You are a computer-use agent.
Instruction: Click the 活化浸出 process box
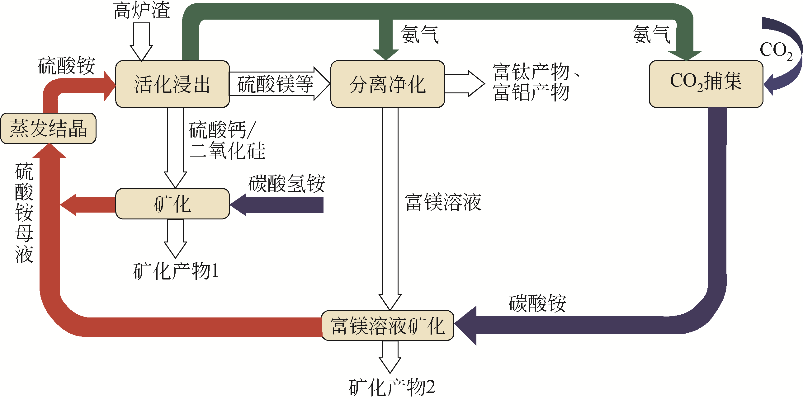tap(172, 84)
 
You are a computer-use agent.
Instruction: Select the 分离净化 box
tap(387, 84)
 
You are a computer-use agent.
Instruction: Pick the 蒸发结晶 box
tap(48, 128)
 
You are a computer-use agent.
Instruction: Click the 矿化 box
tap(172, 204)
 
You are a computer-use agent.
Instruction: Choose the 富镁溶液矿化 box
tap(388, 326)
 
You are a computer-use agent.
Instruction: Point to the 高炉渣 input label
tap(142, 10)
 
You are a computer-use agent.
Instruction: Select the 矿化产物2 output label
tap(392, 387)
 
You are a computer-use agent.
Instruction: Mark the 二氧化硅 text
tap(228, 150)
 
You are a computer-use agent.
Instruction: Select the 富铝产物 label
tap(531, 92)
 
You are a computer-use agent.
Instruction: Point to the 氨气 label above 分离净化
tap(420, 34)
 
